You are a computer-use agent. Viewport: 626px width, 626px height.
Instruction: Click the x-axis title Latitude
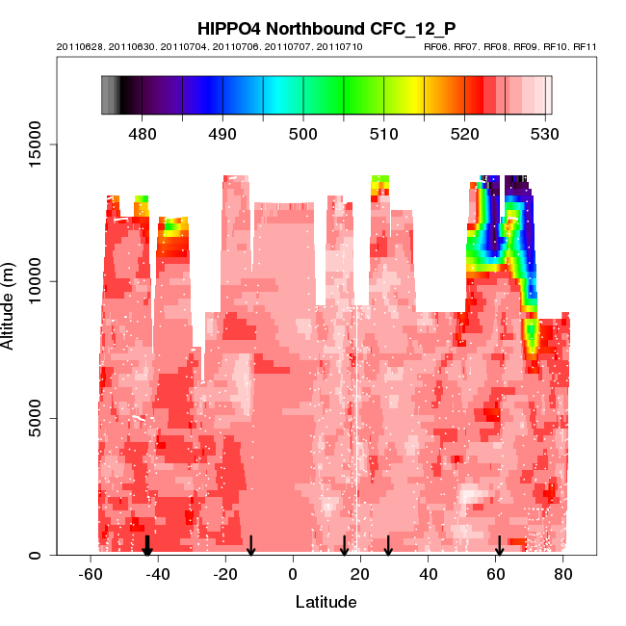coord(326,602)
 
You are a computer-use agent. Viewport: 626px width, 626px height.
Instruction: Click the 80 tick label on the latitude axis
coord(563,575)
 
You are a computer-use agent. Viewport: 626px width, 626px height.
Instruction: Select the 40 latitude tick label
coord(429,575)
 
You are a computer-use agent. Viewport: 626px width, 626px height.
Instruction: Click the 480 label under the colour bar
coord(143,133)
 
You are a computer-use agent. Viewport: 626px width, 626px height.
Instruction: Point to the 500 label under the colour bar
coord(303,133)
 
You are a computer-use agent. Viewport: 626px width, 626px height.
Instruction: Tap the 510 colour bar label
coord(384,133)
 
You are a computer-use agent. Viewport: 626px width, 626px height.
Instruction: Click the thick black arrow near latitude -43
coord(147,546)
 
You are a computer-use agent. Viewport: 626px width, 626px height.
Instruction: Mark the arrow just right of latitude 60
coord(499,546)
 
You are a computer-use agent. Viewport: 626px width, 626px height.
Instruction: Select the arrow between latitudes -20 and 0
coord(251,546)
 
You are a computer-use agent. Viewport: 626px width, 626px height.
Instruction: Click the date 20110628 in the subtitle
coord(79,46)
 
